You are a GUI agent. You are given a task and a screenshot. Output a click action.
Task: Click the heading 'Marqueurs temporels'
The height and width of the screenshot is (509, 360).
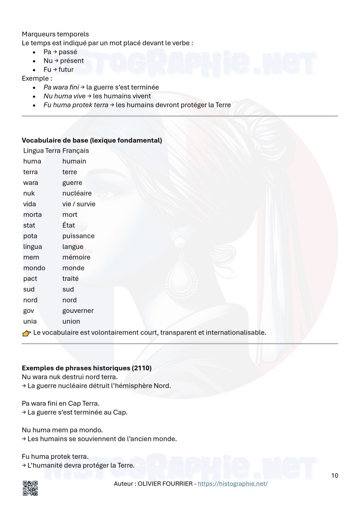pyautogui.click(x=55, y=34)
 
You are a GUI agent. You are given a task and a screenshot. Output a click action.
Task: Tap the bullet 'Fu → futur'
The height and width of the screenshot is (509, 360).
pyautogui.click(x=59, y=70)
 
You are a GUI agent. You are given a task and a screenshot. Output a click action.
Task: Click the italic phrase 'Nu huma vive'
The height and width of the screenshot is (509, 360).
pyautogui.click(x=64, y=96)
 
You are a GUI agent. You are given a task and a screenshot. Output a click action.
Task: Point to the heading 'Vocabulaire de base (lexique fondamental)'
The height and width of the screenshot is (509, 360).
pyautogui.click(x=92, y=141)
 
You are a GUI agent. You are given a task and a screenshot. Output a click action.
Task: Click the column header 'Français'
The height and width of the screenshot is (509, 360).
pyautogui.click(x=76, y=150)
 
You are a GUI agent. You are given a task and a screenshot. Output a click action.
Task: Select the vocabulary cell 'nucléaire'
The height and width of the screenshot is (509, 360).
pyautogui.click(x=77, y=193)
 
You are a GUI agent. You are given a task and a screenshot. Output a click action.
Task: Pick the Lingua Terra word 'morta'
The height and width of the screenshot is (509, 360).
pyautogui.click(x=32, y=215)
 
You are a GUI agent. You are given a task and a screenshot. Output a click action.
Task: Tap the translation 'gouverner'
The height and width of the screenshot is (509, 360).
pyautogui.click(x=78, y=311)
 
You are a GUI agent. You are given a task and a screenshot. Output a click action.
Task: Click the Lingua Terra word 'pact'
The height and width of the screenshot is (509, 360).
pyautogui.click(x=30, y=278)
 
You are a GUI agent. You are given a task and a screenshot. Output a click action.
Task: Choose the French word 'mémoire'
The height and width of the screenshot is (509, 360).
pyautogui.click(x=76, y=257)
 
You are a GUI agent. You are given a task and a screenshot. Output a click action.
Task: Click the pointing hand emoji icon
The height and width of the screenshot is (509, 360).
pyautogui.click(x=27, y=333)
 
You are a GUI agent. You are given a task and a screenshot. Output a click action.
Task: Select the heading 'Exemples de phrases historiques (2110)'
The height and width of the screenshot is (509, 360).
pyautogui.click(x=87, y=368)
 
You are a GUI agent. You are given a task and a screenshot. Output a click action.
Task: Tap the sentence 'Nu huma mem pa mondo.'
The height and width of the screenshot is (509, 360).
pyautogui.click(x=62, y=429)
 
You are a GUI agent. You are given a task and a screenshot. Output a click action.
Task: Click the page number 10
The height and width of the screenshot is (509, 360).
pyautogui.click(x=335, y=476)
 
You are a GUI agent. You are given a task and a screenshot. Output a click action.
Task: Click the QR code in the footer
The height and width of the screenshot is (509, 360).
pyautogui.click(x=30, y=489)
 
